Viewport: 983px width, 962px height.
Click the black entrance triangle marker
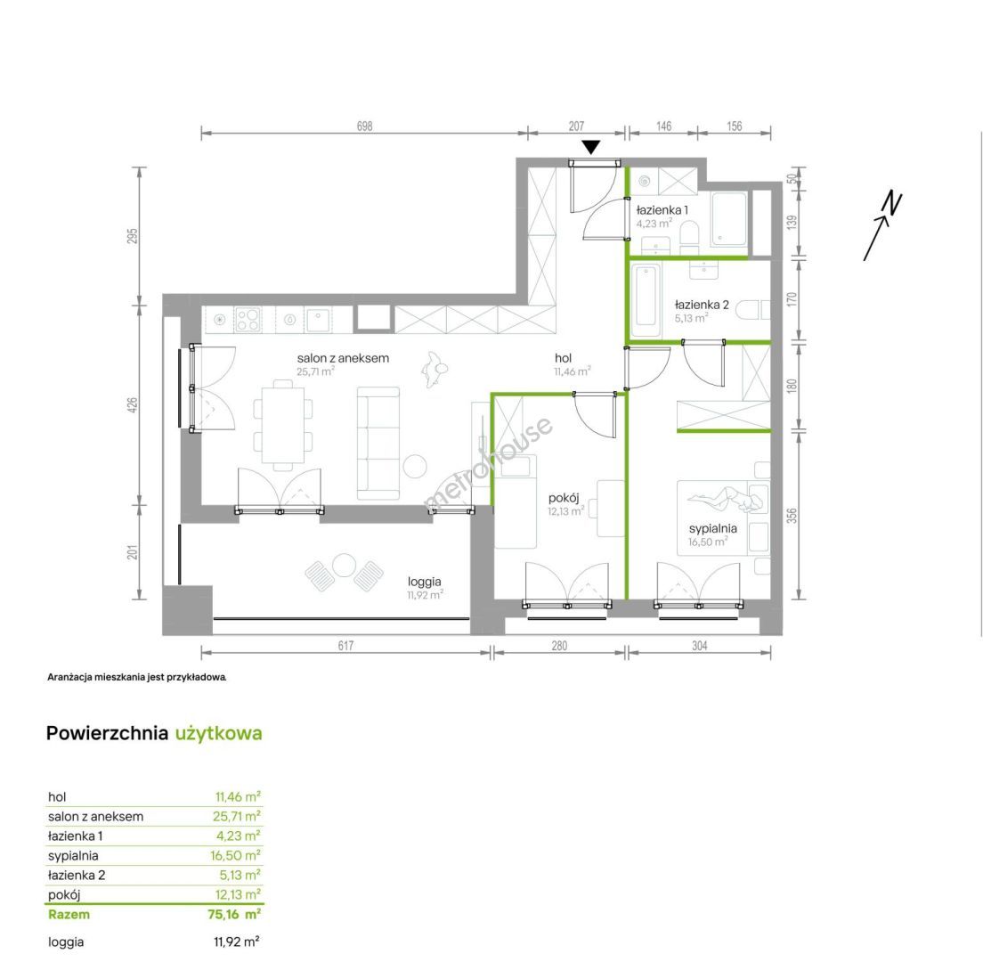[590, 147]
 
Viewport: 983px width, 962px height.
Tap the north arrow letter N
[892, 204]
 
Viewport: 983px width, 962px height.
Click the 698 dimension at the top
[364, 126]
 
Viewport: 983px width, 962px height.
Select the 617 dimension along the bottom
[345, 645]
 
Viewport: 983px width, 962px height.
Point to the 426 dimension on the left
[133, 405]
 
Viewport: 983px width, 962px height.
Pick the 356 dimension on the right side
[792, 516]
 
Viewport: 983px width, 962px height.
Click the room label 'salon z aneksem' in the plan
[343, 358]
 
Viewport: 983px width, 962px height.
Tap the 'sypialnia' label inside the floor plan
[713, 529]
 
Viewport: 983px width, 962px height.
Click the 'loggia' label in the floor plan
[425, 582]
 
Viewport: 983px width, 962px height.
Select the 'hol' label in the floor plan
[563, 358]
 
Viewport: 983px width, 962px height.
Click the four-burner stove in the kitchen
[248, 319]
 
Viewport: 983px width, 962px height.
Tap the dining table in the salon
[283, 426]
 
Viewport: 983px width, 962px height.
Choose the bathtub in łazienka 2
[646, 301]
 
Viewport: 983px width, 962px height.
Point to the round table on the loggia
[345, 565]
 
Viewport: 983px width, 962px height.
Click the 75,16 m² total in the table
[234, 914]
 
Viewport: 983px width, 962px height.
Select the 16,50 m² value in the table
[235, 855]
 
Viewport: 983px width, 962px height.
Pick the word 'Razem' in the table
[69, 914]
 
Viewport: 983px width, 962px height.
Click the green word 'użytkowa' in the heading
[218, 734]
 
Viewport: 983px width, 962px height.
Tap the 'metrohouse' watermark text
[488, 463]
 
